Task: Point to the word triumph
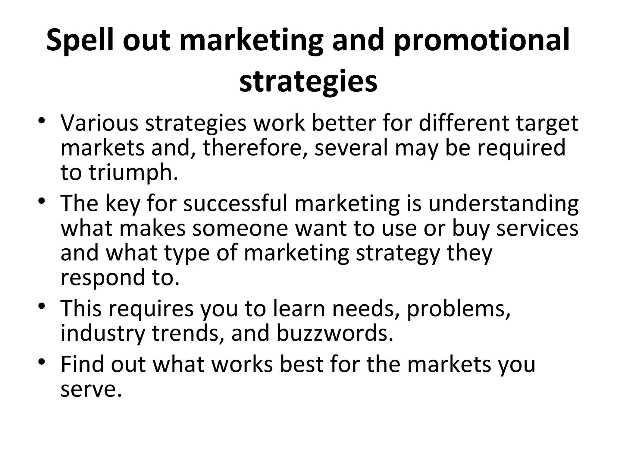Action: click(133, 173)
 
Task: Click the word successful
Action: click(235, 203)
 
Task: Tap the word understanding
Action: click(503, 203)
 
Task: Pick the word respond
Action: click(103, 277)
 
